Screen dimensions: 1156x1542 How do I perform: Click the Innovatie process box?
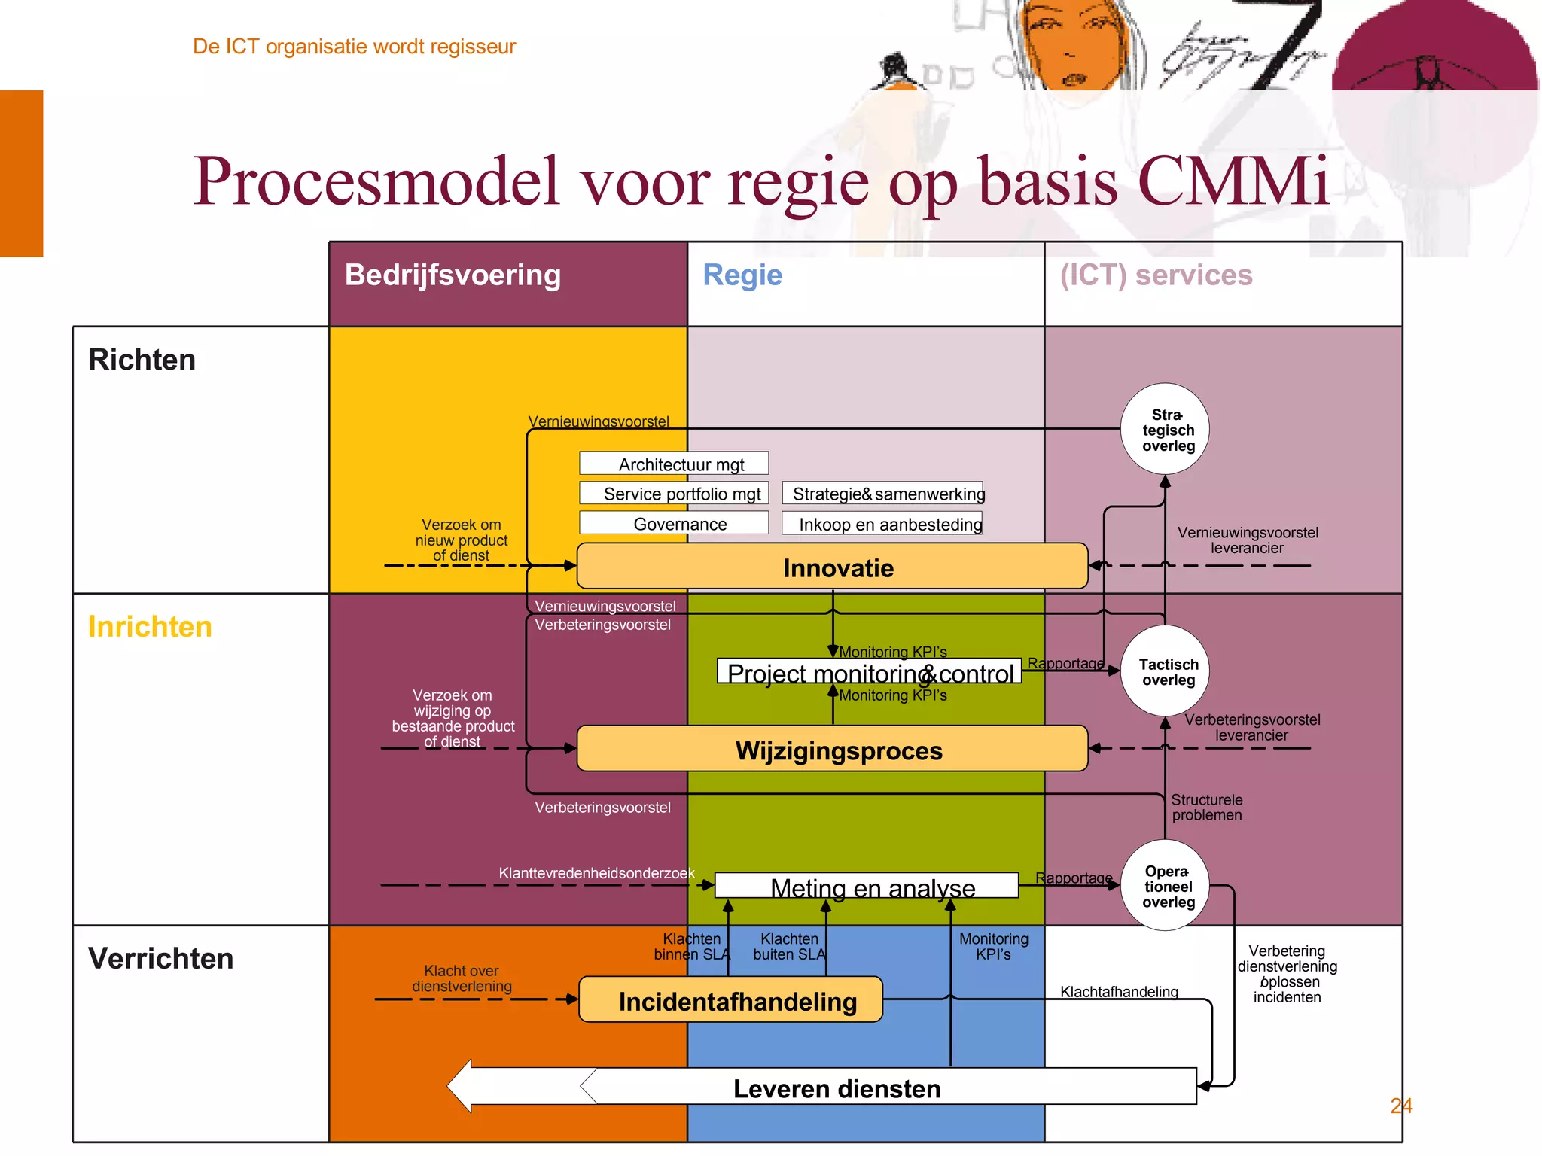[832, 567]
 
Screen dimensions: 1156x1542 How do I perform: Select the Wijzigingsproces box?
[832, 750]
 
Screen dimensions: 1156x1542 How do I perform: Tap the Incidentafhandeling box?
[730, 1000]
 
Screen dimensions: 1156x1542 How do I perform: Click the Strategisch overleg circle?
[1166, 430]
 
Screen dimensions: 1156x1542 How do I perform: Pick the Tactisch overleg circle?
[1166, 671]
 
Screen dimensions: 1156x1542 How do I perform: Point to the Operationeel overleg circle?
[1166, 886]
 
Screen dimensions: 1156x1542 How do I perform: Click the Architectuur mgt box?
[674, 464]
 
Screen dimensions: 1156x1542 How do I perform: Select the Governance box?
[674, 523]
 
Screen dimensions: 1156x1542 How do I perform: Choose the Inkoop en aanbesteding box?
[882, 523]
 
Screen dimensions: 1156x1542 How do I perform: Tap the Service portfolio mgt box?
[674, 493]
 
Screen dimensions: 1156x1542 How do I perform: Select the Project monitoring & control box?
[870, 672]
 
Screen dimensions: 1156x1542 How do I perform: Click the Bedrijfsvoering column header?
[453, 275]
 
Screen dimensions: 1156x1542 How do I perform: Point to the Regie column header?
[742, 275]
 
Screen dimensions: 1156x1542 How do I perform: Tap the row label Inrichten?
[150, 627]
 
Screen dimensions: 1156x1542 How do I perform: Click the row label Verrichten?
[160, 959]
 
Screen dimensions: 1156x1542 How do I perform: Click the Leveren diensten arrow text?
[837, 1088]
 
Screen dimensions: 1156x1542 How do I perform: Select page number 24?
[1400, 1106]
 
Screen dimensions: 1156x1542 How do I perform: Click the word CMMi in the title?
[1233, 182]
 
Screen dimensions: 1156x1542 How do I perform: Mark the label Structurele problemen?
[1206, 808]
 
